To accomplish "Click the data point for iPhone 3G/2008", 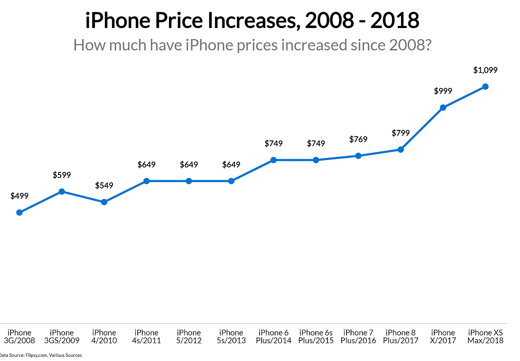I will pyautogui.click(x=19, y=212).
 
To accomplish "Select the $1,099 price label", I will pyautogui.click(x=485, y=70).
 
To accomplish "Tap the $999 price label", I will pyautogui.click(x=443, y=91).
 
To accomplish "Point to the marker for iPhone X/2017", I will pyautogui.click(x=443, y=108).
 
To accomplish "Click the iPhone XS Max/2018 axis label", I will pyautogui.click(x=485, y=337).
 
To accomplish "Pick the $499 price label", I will pyautogui.click(x=19, y=196).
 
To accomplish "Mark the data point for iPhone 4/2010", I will pyautogui.click(x=104, y=202).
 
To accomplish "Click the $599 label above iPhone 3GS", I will pyautogui.click(x=62, y=175).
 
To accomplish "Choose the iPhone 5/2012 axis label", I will pyautogui.click(x=189, y=337).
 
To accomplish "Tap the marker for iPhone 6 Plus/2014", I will pyautogui.click(x=274, y=160).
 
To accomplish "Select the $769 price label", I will pyautogui.click(x=358, y=139).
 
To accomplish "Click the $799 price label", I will pyautogui.click(x=401, y=133).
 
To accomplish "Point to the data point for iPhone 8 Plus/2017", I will pyautogui.click(x=401, y=149).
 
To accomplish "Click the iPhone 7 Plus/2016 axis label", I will pyautogui.click(x=358, y=337).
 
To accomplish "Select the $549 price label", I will pyautogui.click(x=104, y=185).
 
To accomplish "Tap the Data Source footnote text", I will pyautogui.click(x=41, y=355).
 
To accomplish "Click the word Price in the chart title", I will pyautogui.click(x=174, y=21).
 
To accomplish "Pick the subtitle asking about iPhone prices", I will pyautogui.click(x=252, y=45).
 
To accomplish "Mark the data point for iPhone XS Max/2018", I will pyautogui.click(x=485, y=86).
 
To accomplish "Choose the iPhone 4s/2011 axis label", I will pyautogui.click(x=147, y=337).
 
